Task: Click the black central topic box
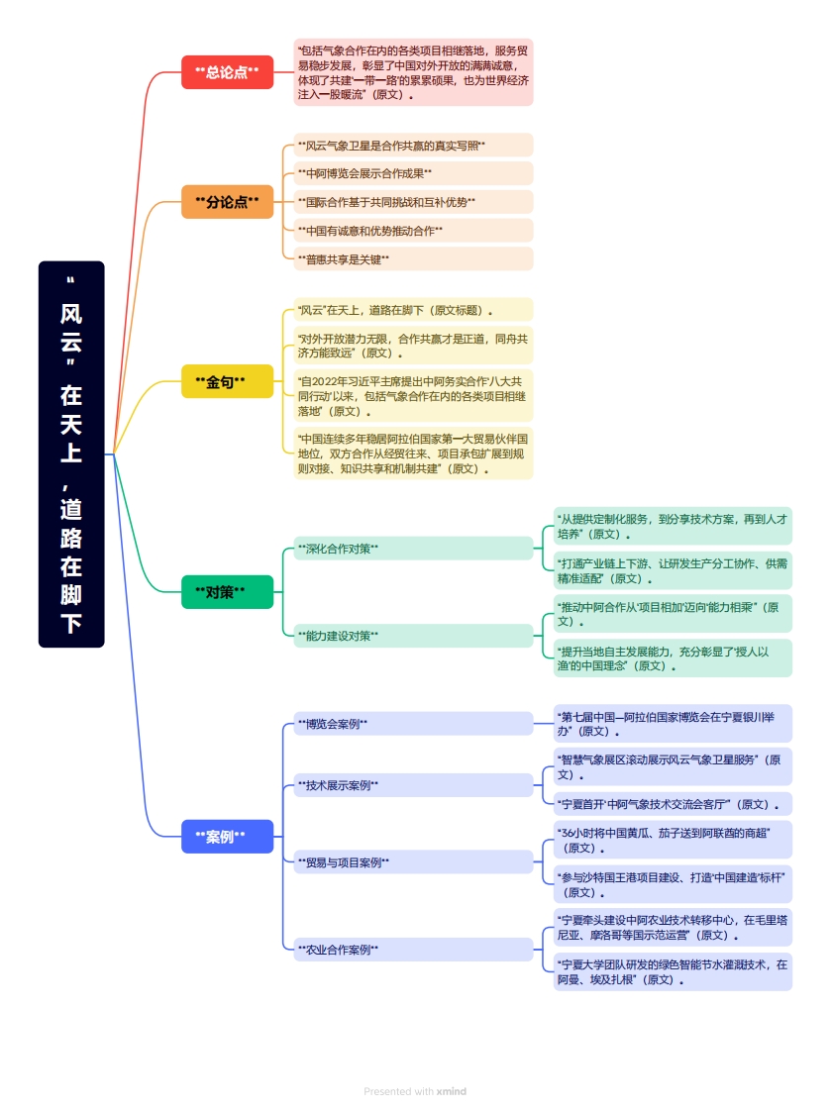pyautogui.click(x=71, y=454)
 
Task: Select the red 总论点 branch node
pyautogui.click(x=227, y=72)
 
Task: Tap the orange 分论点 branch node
pyautogui.click(x=227, y=202)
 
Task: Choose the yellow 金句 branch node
pyautogui.click(x=227, y=381)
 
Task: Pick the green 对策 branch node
pyautogui.click(x=227, y=592)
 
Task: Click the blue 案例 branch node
pyautogui.click(x=227, y=837)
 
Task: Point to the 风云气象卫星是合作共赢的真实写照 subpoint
pyautogui.click(x=413, y=146)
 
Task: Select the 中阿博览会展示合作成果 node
pyautogui.click(x=413, y=173)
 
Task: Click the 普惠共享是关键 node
pyautogui.click(x=413, y=258)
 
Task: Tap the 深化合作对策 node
pyautogui.click(x=413, y=548)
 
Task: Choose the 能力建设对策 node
pyautogui.click(x=413, y=636)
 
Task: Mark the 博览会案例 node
pyautogui.click(x=413, y=724)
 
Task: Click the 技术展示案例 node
pyautogui.click(x=413, y=785)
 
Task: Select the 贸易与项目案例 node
pyautogui.click(x=413, y=862)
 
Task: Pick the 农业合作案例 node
pyautogui.click(x=413, y=950)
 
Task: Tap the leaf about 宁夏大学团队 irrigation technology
pyautogui.click(x=673, y=971)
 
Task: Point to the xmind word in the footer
pyautogui.click(x=451, y=1091)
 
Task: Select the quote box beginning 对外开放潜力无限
pyautogui.click(x=413, y=345)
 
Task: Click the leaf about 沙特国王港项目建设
pyautogui.click(x=673, y=884)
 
